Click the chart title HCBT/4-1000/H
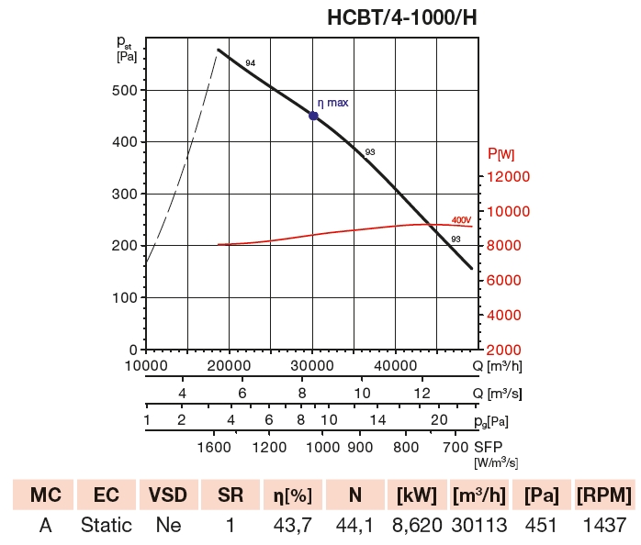point(401,17)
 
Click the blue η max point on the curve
point(313,116)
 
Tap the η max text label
point(333,103)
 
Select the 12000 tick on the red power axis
point(508,176)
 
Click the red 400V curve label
point(461,220)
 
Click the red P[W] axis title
point(501,153)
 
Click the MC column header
point(45,495)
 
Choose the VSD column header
point(168,495)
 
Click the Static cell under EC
point(107,526)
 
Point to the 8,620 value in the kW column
point(416,526)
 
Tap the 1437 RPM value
point(603,526)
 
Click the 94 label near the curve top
point(251,62)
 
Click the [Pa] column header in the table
point(541,495)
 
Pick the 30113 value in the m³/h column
point(478,526)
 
